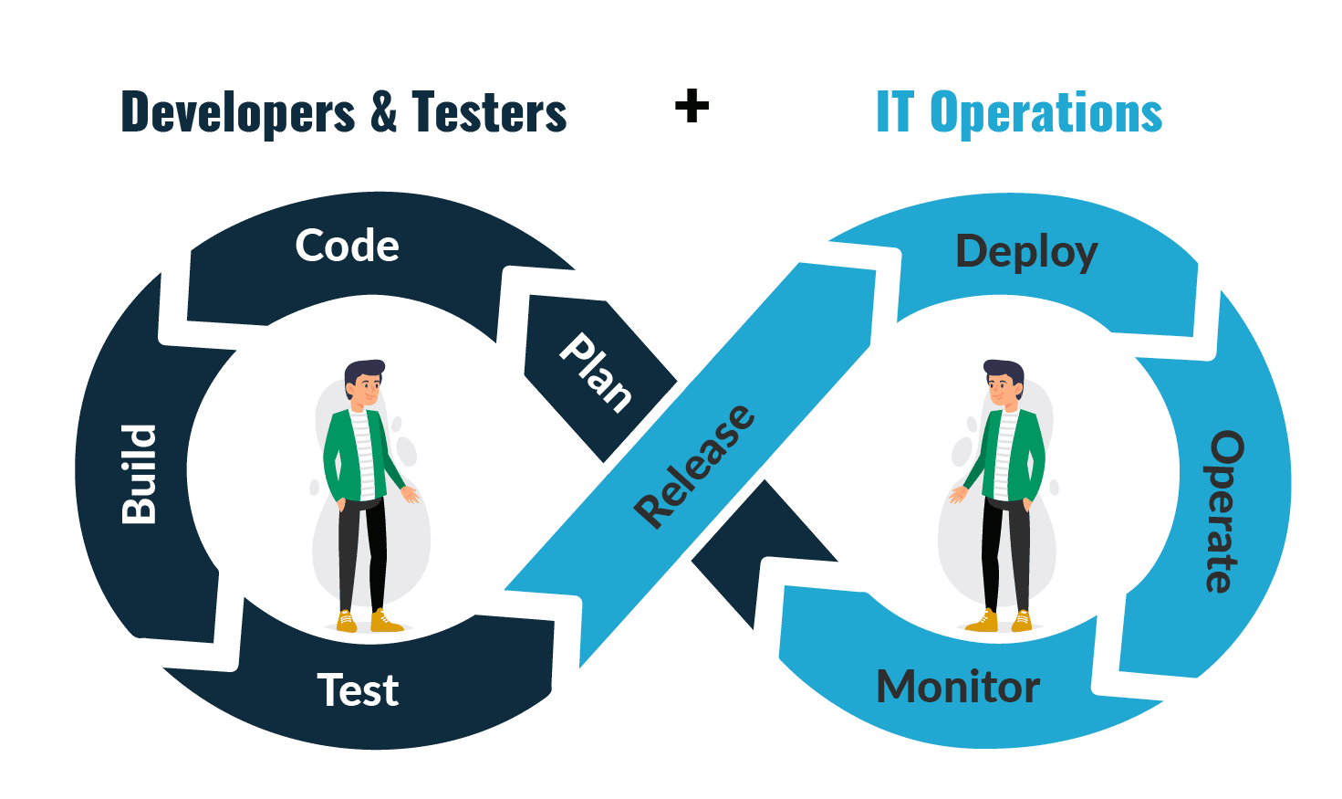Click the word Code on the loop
click(347, 246)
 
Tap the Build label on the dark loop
click(140, 474)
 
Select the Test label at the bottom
click(358, 690)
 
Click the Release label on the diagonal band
click(695, 466)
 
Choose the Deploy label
click(1026, 251)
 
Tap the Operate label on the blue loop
click(1224, 511)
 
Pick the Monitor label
click(958, 687)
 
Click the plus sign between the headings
click(692, 106)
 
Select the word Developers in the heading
click(238, 113)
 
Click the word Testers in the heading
click(489, 113)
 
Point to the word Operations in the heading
click(1046, 113)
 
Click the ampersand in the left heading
click(383, 113)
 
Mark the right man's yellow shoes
click(1004, 622)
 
